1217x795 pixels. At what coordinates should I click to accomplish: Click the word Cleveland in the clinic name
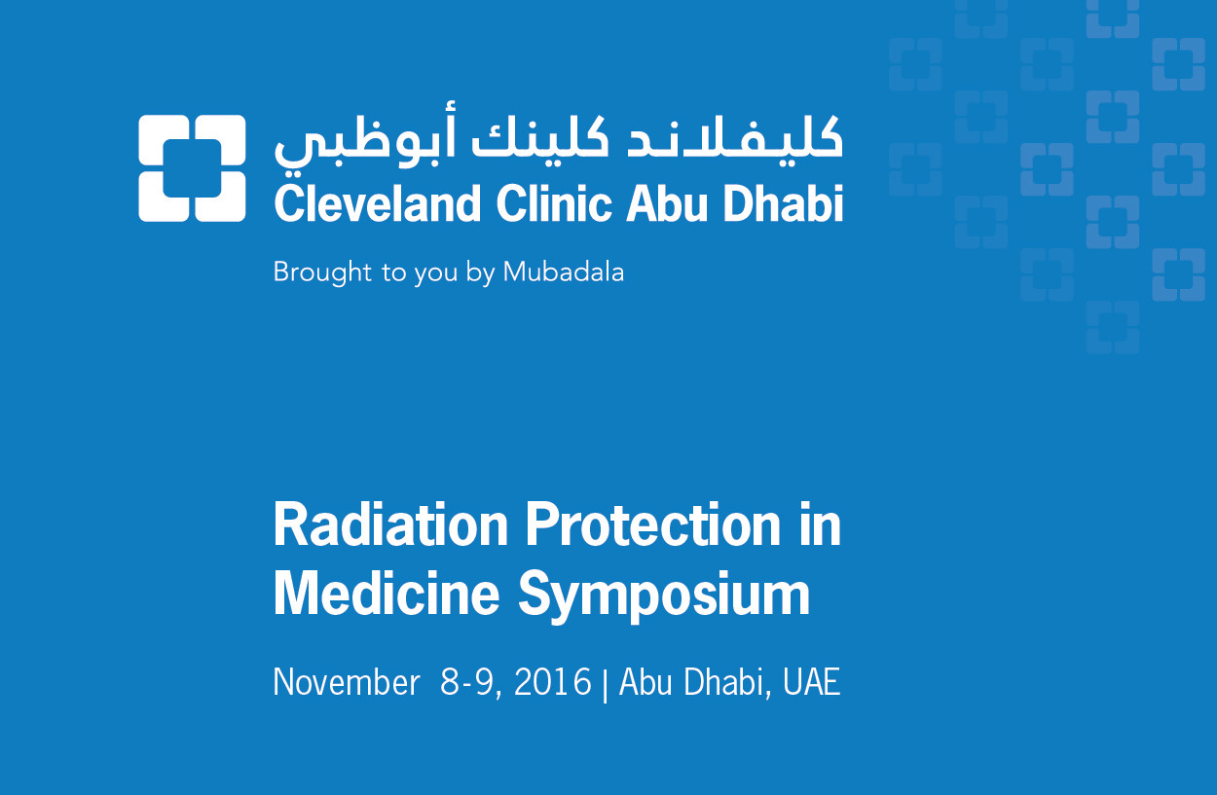[x=378, y=203]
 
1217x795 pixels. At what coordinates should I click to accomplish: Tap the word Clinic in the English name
[x=553, y=203]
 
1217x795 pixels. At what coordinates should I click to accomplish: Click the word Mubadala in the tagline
[x=564, y=271]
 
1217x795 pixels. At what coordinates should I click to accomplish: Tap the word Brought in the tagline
[x=322, y=272]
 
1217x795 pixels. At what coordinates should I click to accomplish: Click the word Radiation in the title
[x=390, y=525]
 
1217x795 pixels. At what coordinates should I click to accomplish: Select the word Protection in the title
[x=653, y=525]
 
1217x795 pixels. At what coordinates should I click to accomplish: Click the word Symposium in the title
[x=663, y=597]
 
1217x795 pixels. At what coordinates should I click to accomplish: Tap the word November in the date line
[x=347, y=682]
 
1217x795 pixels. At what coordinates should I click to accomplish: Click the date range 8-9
[x=470, y=683]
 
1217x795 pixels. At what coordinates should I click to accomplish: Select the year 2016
[x=553, y=682]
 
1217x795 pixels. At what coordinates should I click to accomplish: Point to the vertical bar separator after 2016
[x=606, y=684]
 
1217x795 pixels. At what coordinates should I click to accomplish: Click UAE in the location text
[x=812, y=682]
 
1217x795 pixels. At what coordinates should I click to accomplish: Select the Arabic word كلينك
[x=540, y=137]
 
